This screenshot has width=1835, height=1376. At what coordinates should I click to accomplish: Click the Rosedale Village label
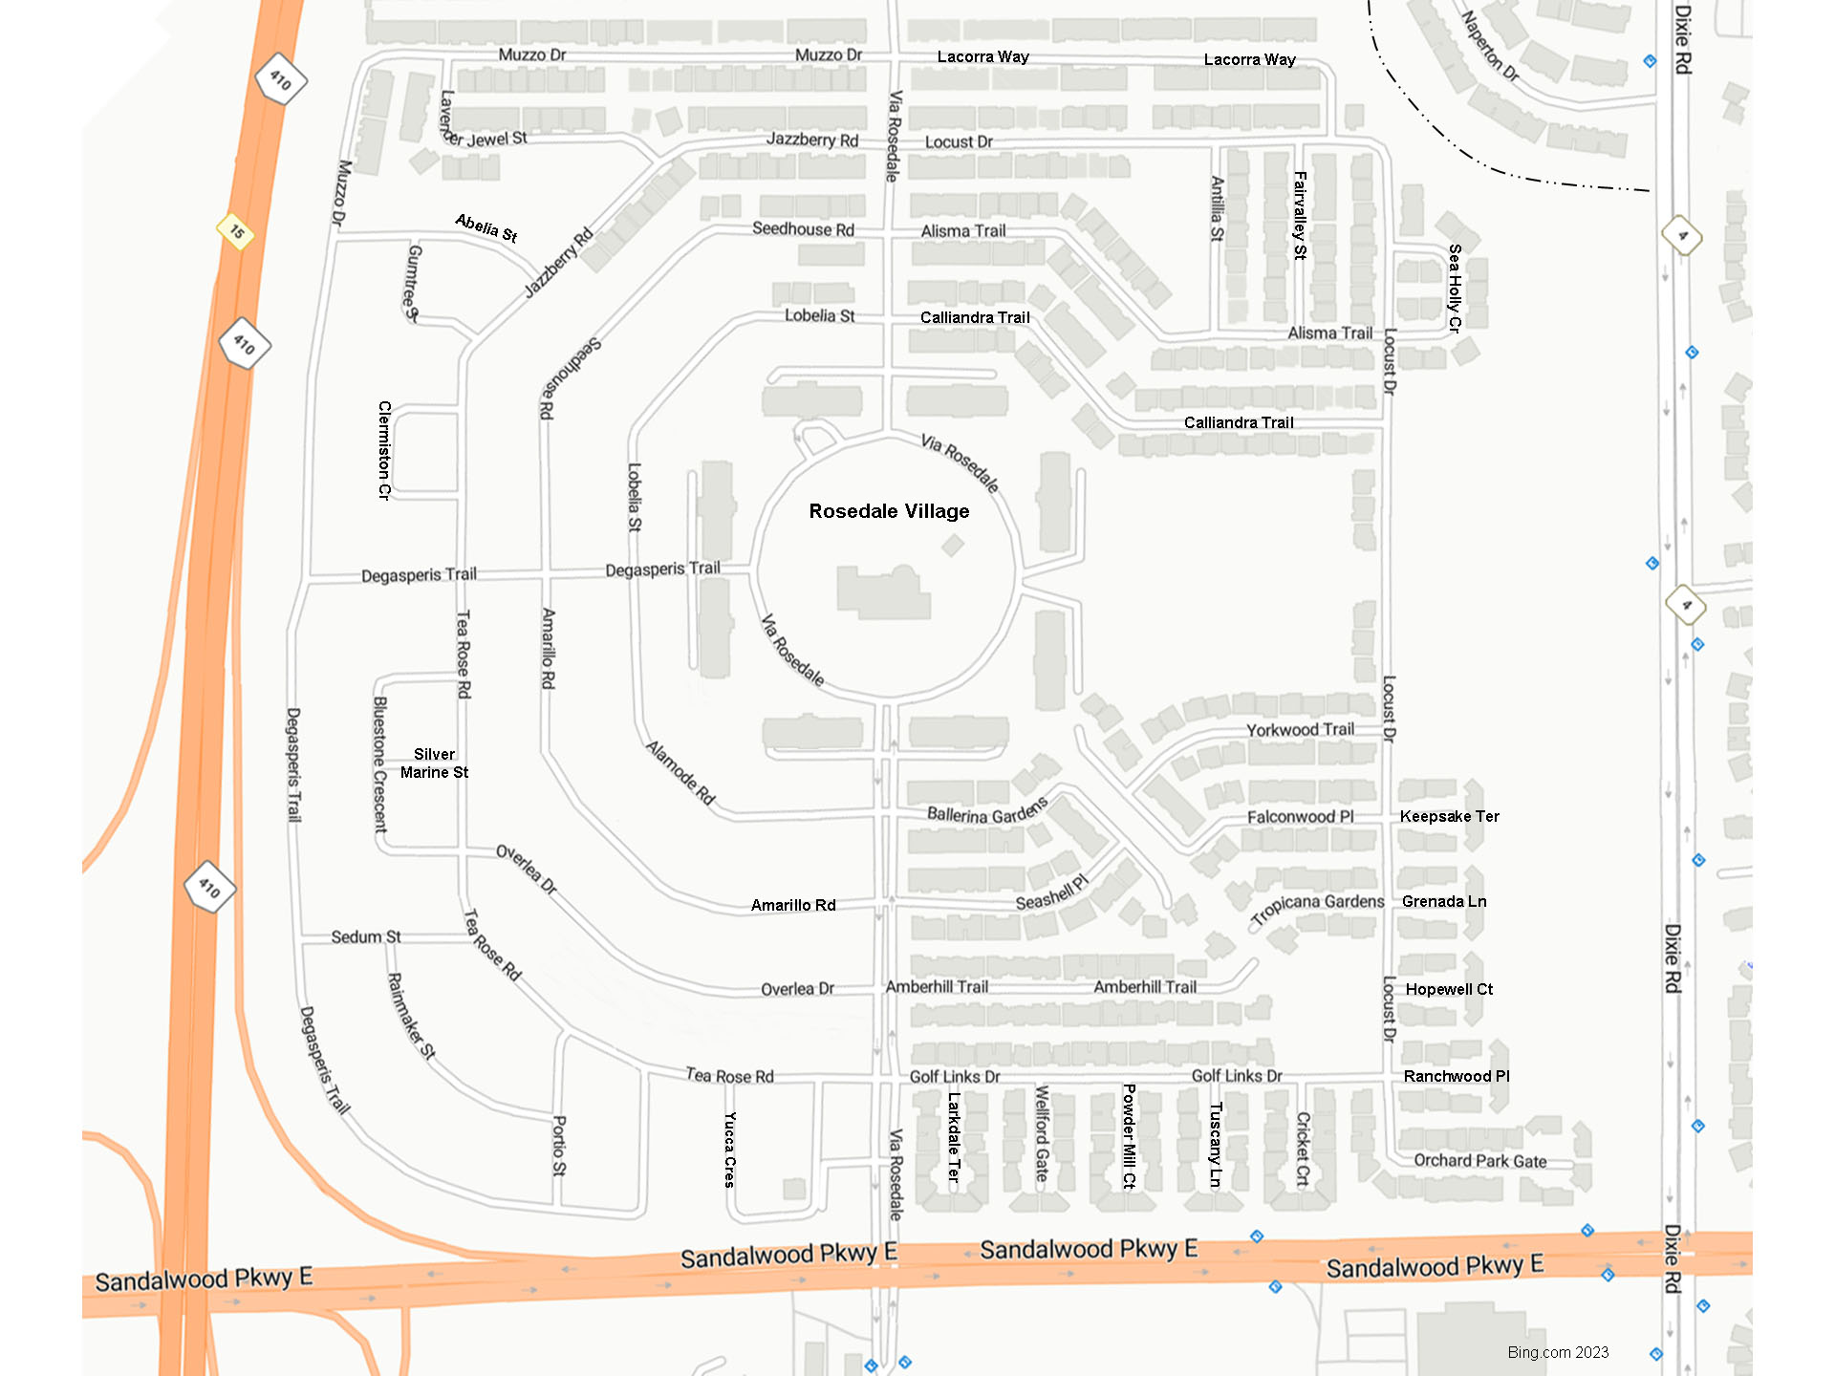889,511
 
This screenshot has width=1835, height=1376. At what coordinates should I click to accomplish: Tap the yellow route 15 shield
236,231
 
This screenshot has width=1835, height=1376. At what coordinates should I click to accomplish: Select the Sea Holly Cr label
1455,288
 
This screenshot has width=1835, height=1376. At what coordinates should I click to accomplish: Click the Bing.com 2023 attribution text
1558,1352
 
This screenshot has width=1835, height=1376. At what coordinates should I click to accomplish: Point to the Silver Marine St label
434,763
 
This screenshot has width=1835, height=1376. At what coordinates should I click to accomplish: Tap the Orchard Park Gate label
1479,1160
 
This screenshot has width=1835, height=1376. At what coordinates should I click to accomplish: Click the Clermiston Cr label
384,450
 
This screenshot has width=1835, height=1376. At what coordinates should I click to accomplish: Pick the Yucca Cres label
729,1150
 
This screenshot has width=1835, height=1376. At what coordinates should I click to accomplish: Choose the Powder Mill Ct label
1130,1135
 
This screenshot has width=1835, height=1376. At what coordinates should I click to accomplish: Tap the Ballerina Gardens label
987,811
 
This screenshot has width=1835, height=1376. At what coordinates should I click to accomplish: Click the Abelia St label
486,227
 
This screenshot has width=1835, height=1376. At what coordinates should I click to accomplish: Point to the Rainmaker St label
411,1017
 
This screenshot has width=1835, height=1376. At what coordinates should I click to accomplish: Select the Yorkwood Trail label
1300,730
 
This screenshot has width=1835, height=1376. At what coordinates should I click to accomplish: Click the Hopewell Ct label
1449,989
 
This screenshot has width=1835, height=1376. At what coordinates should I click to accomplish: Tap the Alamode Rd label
680,772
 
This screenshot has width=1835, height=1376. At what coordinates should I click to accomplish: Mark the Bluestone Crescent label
380,764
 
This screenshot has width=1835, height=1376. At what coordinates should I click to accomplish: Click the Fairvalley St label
1300,215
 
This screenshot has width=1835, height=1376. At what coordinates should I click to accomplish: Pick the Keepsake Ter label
1449,816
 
